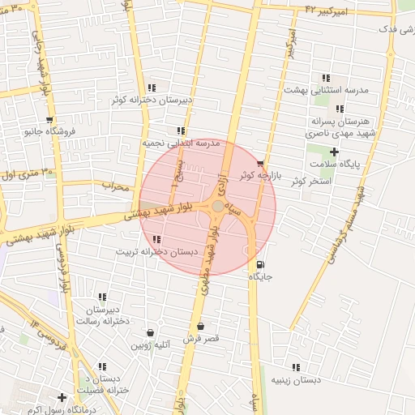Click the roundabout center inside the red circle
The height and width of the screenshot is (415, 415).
tap(218, 207)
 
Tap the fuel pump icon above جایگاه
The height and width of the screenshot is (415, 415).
tap(259, 264)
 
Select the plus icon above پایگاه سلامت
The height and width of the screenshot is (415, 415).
tap(333, 152)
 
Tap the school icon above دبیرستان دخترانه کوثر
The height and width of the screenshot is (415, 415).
tap(152, 88)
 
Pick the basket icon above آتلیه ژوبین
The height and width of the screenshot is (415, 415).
tap(150, 332)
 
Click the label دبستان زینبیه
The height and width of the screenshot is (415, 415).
tap(296, 379)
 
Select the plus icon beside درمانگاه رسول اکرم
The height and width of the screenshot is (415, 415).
tap(62, 397)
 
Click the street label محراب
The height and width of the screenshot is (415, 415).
tap(116, 187)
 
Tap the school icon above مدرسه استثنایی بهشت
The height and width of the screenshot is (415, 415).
tap(326, 78)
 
